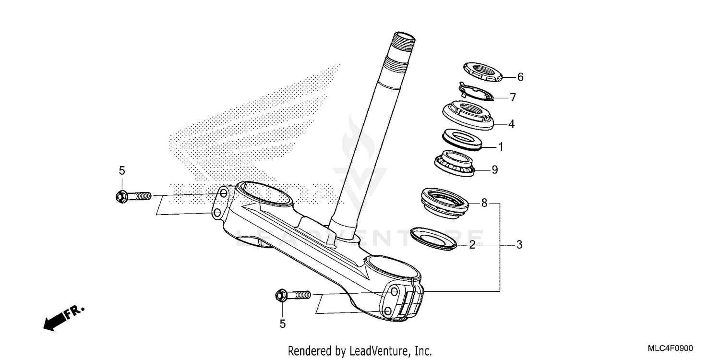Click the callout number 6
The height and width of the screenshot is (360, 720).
[520, 77]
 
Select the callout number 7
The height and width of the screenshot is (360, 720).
[513, 97]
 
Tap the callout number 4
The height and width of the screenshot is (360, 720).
[511, 124]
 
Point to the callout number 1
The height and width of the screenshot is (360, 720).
[500, 147]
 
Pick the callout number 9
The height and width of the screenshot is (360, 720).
[494, 169]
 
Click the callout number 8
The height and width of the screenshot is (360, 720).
[484, 204]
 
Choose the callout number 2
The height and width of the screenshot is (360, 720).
[472, 245]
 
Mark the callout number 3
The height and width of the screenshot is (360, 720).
[519, 245]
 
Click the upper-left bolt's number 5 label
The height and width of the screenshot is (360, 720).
[121, 170]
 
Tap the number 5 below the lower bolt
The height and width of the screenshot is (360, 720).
[282, 324]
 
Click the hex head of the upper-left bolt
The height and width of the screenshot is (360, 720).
[120, 196]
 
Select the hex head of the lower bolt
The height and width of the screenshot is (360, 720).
[281, 295]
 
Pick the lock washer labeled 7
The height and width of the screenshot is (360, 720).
[475, 93]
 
